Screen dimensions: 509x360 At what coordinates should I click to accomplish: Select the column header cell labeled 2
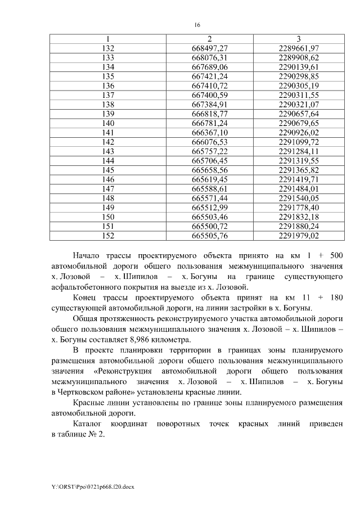(x=209, y=39)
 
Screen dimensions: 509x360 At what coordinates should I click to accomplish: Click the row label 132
(x=107, y=48)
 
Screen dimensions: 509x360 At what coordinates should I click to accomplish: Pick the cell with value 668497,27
(x=209, y=48)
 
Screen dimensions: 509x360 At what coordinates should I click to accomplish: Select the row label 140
(x=107, y=123)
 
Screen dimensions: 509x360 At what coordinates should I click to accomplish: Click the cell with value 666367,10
(x=209, y=133)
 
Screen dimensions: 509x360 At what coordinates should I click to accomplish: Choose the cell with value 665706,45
(x=209, y=161)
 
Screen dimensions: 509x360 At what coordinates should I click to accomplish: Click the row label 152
(x=107, y=236)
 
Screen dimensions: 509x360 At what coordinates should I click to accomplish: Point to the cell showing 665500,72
(x=209, y=227)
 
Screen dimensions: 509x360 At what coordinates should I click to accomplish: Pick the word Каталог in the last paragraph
(x=88, y=423)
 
